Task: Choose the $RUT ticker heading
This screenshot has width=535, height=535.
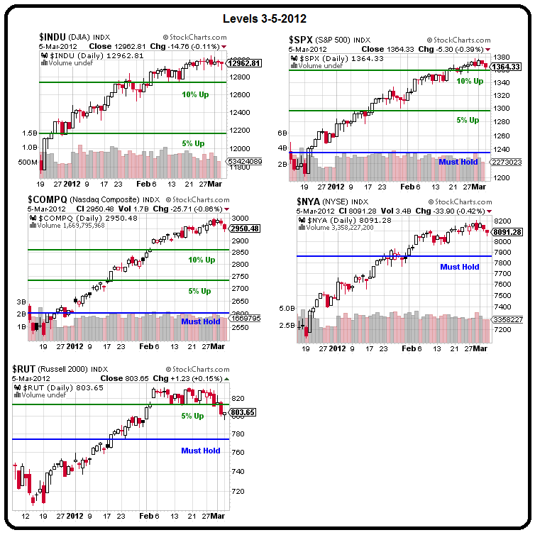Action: (x=26, y=369)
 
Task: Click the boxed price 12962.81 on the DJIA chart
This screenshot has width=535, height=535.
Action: (x=244, y=63)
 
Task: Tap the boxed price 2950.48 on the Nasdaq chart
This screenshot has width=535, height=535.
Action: (x=244, y=228)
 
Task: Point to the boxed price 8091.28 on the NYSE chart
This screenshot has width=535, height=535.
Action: (x=507, y=231)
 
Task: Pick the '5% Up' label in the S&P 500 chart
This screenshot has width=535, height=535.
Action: (x=468, y=121)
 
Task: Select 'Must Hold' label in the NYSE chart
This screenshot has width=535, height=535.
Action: (x=459, y=267)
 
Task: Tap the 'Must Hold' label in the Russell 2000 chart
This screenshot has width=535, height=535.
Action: (x=200, y=451)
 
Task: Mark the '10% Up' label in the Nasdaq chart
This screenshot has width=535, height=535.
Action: (x=202, y=260)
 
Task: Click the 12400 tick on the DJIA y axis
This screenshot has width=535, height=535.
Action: (x=239, y=112)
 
